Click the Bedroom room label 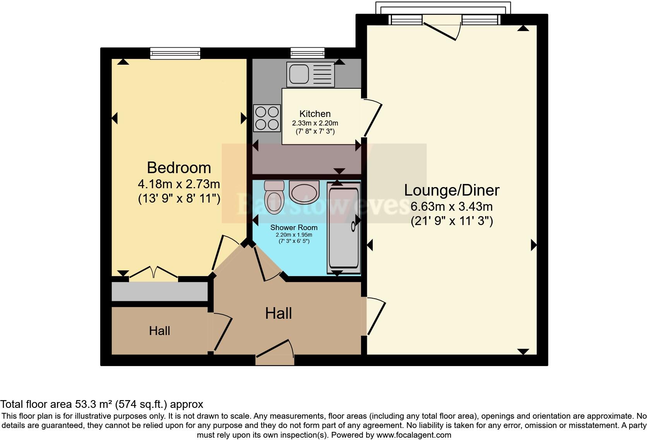point(179,168)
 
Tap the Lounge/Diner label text point(452,190)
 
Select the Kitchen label point(315,114)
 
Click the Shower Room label point(294,227)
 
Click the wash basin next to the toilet point(304,192)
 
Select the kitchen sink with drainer point(310,74)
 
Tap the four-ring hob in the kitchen point(267,118)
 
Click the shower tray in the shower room point(344,229)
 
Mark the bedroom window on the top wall point(175,53)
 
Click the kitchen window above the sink point(307,53)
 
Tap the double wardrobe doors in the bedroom point(154,272)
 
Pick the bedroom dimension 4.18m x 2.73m point(179,183)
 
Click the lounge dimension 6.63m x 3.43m point(452,206)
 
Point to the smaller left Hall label point(159,331)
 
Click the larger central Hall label point(278,313)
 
